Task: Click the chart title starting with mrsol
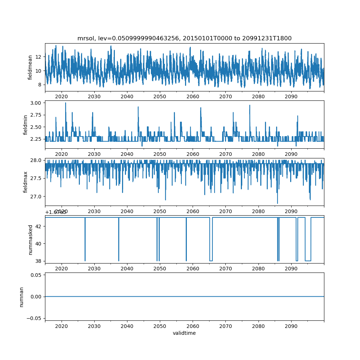coord(184,38)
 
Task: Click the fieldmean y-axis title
coord(30,67)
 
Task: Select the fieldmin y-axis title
coord(25,125)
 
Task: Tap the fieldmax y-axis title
coord(25,182)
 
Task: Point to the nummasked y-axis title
coord(30,240)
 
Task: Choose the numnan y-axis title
coord(21,297)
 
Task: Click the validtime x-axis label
coord(184,333)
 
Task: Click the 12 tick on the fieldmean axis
coord(38,57)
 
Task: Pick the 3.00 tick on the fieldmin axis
coord(36,103)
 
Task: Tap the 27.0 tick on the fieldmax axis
coord(37,197)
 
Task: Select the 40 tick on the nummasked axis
coord(38,244)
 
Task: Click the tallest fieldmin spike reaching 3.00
coord(66,103)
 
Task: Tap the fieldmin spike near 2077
coord(249,105)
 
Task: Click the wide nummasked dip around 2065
coord(211,260)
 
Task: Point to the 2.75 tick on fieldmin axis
coord(36,115)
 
